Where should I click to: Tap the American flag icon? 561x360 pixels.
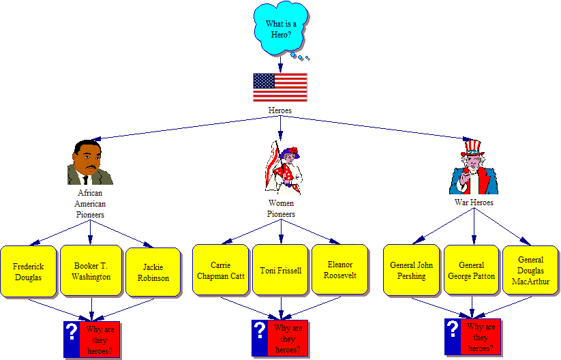tap(280, 87)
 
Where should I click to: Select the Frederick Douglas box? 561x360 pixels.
tap(28, 271)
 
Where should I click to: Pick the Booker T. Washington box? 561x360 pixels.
tap(91, 271)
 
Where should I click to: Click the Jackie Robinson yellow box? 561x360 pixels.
tap(153, 272)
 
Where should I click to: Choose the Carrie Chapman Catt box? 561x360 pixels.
tap(220, 270)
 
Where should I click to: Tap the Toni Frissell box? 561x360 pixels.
tap(280, 270)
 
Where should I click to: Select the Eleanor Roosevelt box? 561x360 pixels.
tap(340, 270)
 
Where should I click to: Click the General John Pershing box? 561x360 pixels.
tap(412, 270)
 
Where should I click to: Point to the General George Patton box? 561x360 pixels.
tap(471, 270)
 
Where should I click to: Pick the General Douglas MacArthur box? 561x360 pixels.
tap(530, 270)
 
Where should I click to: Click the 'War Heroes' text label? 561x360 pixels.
tap(474, 202)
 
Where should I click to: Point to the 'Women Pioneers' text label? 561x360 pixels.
tap(280, 209)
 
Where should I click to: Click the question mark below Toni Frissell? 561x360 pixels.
tap(259, 330)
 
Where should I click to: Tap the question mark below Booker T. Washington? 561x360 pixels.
tap(72, 331)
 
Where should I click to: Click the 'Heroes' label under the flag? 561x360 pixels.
tap(280, 110)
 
